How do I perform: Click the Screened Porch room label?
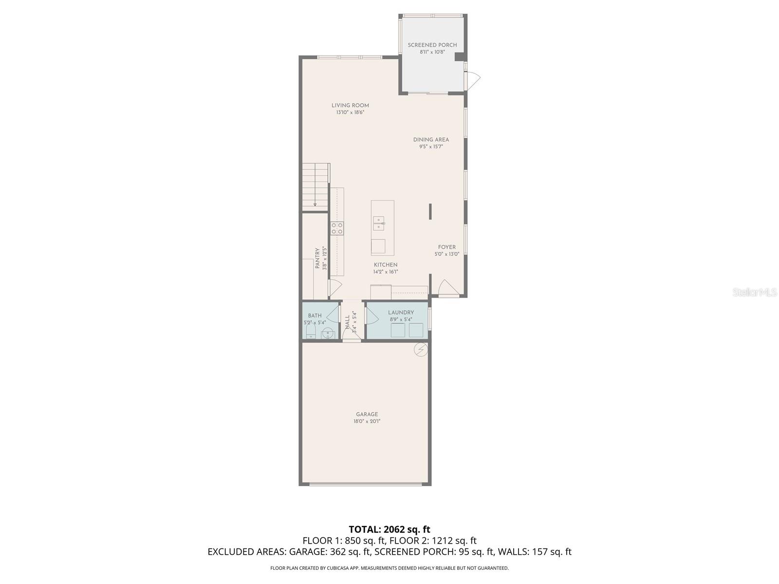[432, 45]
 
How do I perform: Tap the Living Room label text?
[350, 105]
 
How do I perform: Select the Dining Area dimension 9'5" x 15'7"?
[431, 146]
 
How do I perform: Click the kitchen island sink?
[379, 223]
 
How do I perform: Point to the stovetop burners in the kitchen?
[337, 228]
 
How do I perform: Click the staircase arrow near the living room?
[315, 204]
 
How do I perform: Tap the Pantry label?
[317, 258]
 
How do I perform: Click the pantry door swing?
[334, 288]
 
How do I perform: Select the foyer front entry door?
[448, 288]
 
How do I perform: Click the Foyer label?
[446, 247]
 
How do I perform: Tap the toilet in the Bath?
[311, 332]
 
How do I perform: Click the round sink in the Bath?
[328, 333]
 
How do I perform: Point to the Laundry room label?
[401, 312]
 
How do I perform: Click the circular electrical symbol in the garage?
[421, 349]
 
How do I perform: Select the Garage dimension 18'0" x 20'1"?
[367, 421]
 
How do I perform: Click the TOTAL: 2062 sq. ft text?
[389, 529]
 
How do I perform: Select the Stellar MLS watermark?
[754, 292]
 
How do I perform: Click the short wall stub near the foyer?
[430, 212]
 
